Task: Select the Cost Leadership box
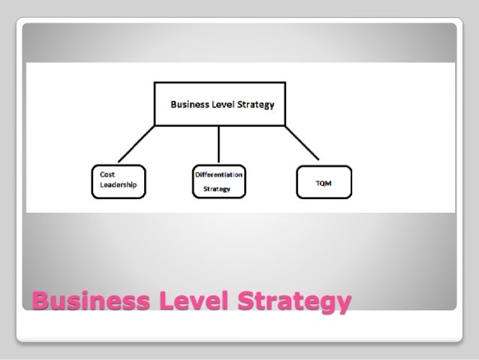[x=119, y=180]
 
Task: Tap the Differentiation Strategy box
[x=218, y=180]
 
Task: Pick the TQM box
[x=324, y=181]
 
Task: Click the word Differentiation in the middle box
[x=218, y=174]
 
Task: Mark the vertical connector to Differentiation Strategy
[x=218, y=144]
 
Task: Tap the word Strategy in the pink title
[x=294, y=303]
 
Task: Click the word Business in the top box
[x=189, y=104]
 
